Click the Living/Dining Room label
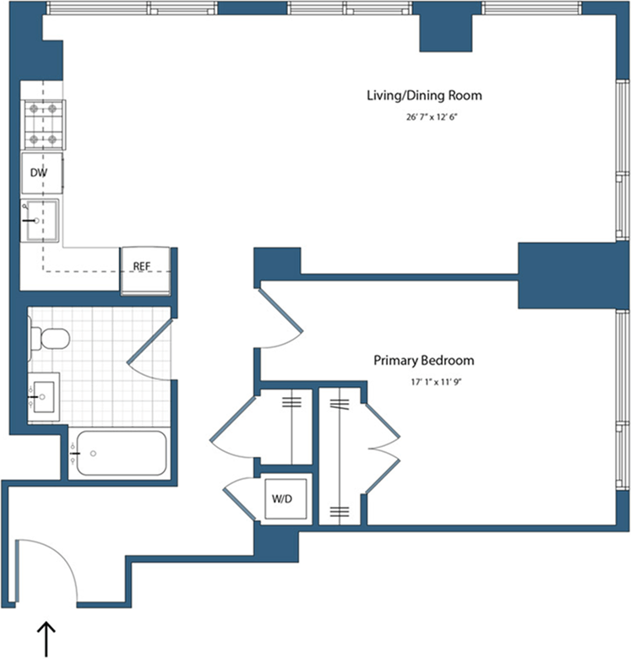coord(424,95)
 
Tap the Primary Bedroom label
coord(424,361)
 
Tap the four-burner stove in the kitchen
coord(43,125)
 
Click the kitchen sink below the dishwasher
coord(40,221)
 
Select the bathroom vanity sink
coord(43,395)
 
